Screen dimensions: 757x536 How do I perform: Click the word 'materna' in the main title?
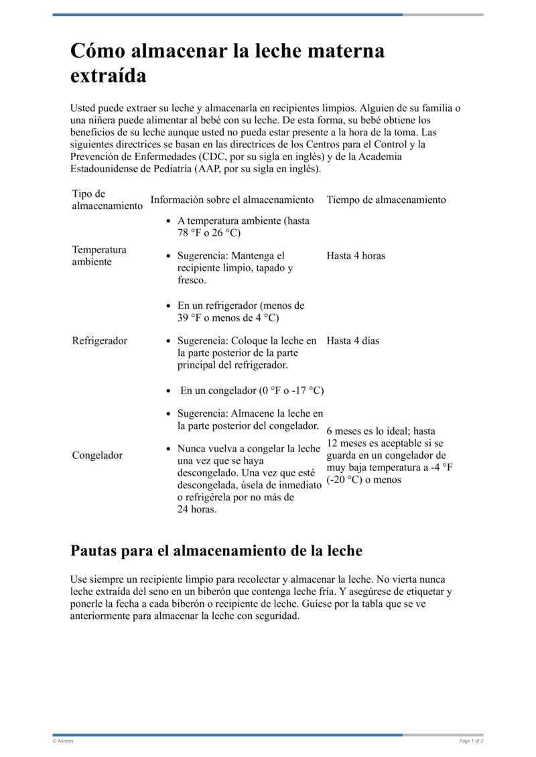[x=346, y=52]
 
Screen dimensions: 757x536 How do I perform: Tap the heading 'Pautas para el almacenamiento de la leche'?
[x=216, y=551]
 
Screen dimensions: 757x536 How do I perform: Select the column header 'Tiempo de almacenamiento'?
[x=386, y=200]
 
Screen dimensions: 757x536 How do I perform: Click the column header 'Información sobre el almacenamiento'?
[x=232, y=200]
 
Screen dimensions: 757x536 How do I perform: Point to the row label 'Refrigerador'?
[x=99, y=340]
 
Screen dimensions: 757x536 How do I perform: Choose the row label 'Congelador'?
[x=97, y=456]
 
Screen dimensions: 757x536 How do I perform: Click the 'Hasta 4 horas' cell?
[x=356, y=255]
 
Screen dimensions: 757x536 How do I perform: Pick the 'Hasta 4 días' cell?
[x=352, y=340]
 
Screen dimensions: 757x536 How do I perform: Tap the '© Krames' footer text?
[x=63, y=741]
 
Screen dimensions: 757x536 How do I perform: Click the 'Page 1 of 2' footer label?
[x=471, y=741]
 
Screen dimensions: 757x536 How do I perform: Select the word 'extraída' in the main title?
[x=108, y=76]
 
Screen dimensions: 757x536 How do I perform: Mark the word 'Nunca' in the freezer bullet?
[x=192, y=448]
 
